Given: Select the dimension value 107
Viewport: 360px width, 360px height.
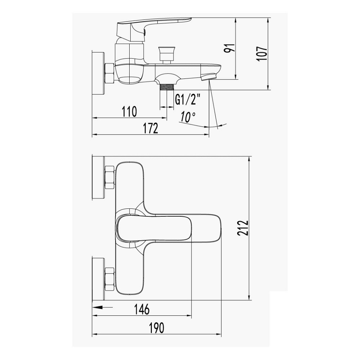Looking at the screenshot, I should pyautogui.click(x=263, y=54).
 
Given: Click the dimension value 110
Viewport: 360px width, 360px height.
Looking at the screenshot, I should pyautogui.click(x=129, y=112).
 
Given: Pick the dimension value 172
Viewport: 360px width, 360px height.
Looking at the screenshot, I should pyautogui.click(x=150, y=129).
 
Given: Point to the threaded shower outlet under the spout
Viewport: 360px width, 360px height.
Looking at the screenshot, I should pyautogui.click(x=166, y=86).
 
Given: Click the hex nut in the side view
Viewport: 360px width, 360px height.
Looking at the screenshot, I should pyautogui.click(x=109, y=73).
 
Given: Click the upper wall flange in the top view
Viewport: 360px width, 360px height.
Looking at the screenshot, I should pyautogui.click(x=98, y=177).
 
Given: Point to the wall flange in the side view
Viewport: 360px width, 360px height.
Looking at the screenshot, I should pyautogui.click(x=98, y=74).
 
